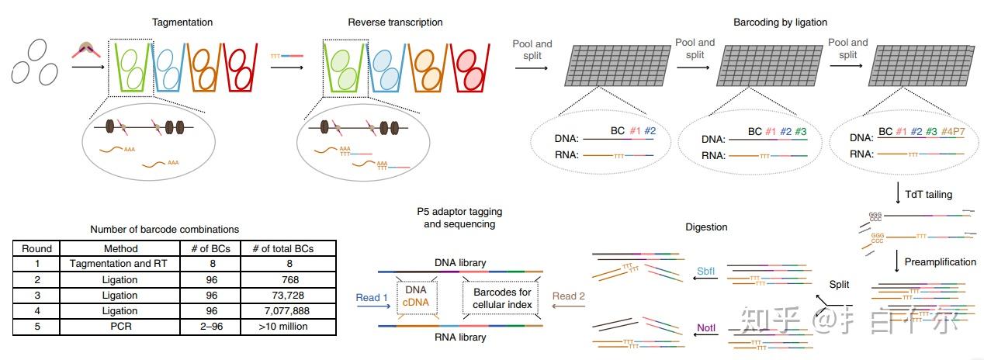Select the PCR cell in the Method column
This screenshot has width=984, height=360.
[x=120, y=327]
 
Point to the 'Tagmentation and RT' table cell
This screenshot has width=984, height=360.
[x=120, y=265]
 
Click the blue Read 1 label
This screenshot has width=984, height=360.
[x=368, y=298]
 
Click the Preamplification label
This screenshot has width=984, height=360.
[x=940, y=262]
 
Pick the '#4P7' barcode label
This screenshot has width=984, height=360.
[x=953, y=132]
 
